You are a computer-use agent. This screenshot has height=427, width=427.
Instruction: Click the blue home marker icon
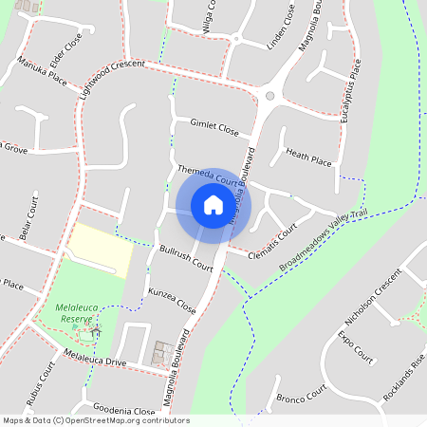[213, 204]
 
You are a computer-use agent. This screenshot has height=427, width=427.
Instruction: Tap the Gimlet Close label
[213, 127]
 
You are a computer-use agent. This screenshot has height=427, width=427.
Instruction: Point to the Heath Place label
[308, 157]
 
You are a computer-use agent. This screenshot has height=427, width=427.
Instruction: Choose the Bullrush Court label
[186, 259]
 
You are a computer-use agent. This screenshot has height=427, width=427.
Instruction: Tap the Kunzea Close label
[172, 303]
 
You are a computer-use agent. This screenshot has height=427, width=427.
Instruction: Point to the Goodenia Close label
[119, 411]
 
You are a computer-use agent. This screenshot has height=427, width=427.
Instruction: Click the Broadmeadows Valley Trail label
[323, 240]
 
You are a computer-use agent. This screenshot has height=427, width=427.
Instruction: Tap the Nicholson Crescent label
[375, 304]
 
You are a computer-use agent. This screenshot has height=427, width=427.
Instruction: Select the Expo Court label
[357, 348]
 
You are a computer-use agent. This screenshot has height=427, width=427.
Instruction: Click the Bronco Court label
[301, 393]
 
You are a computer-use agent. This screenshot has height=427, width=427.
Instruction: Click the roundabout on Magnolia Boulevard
[270, 96]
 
